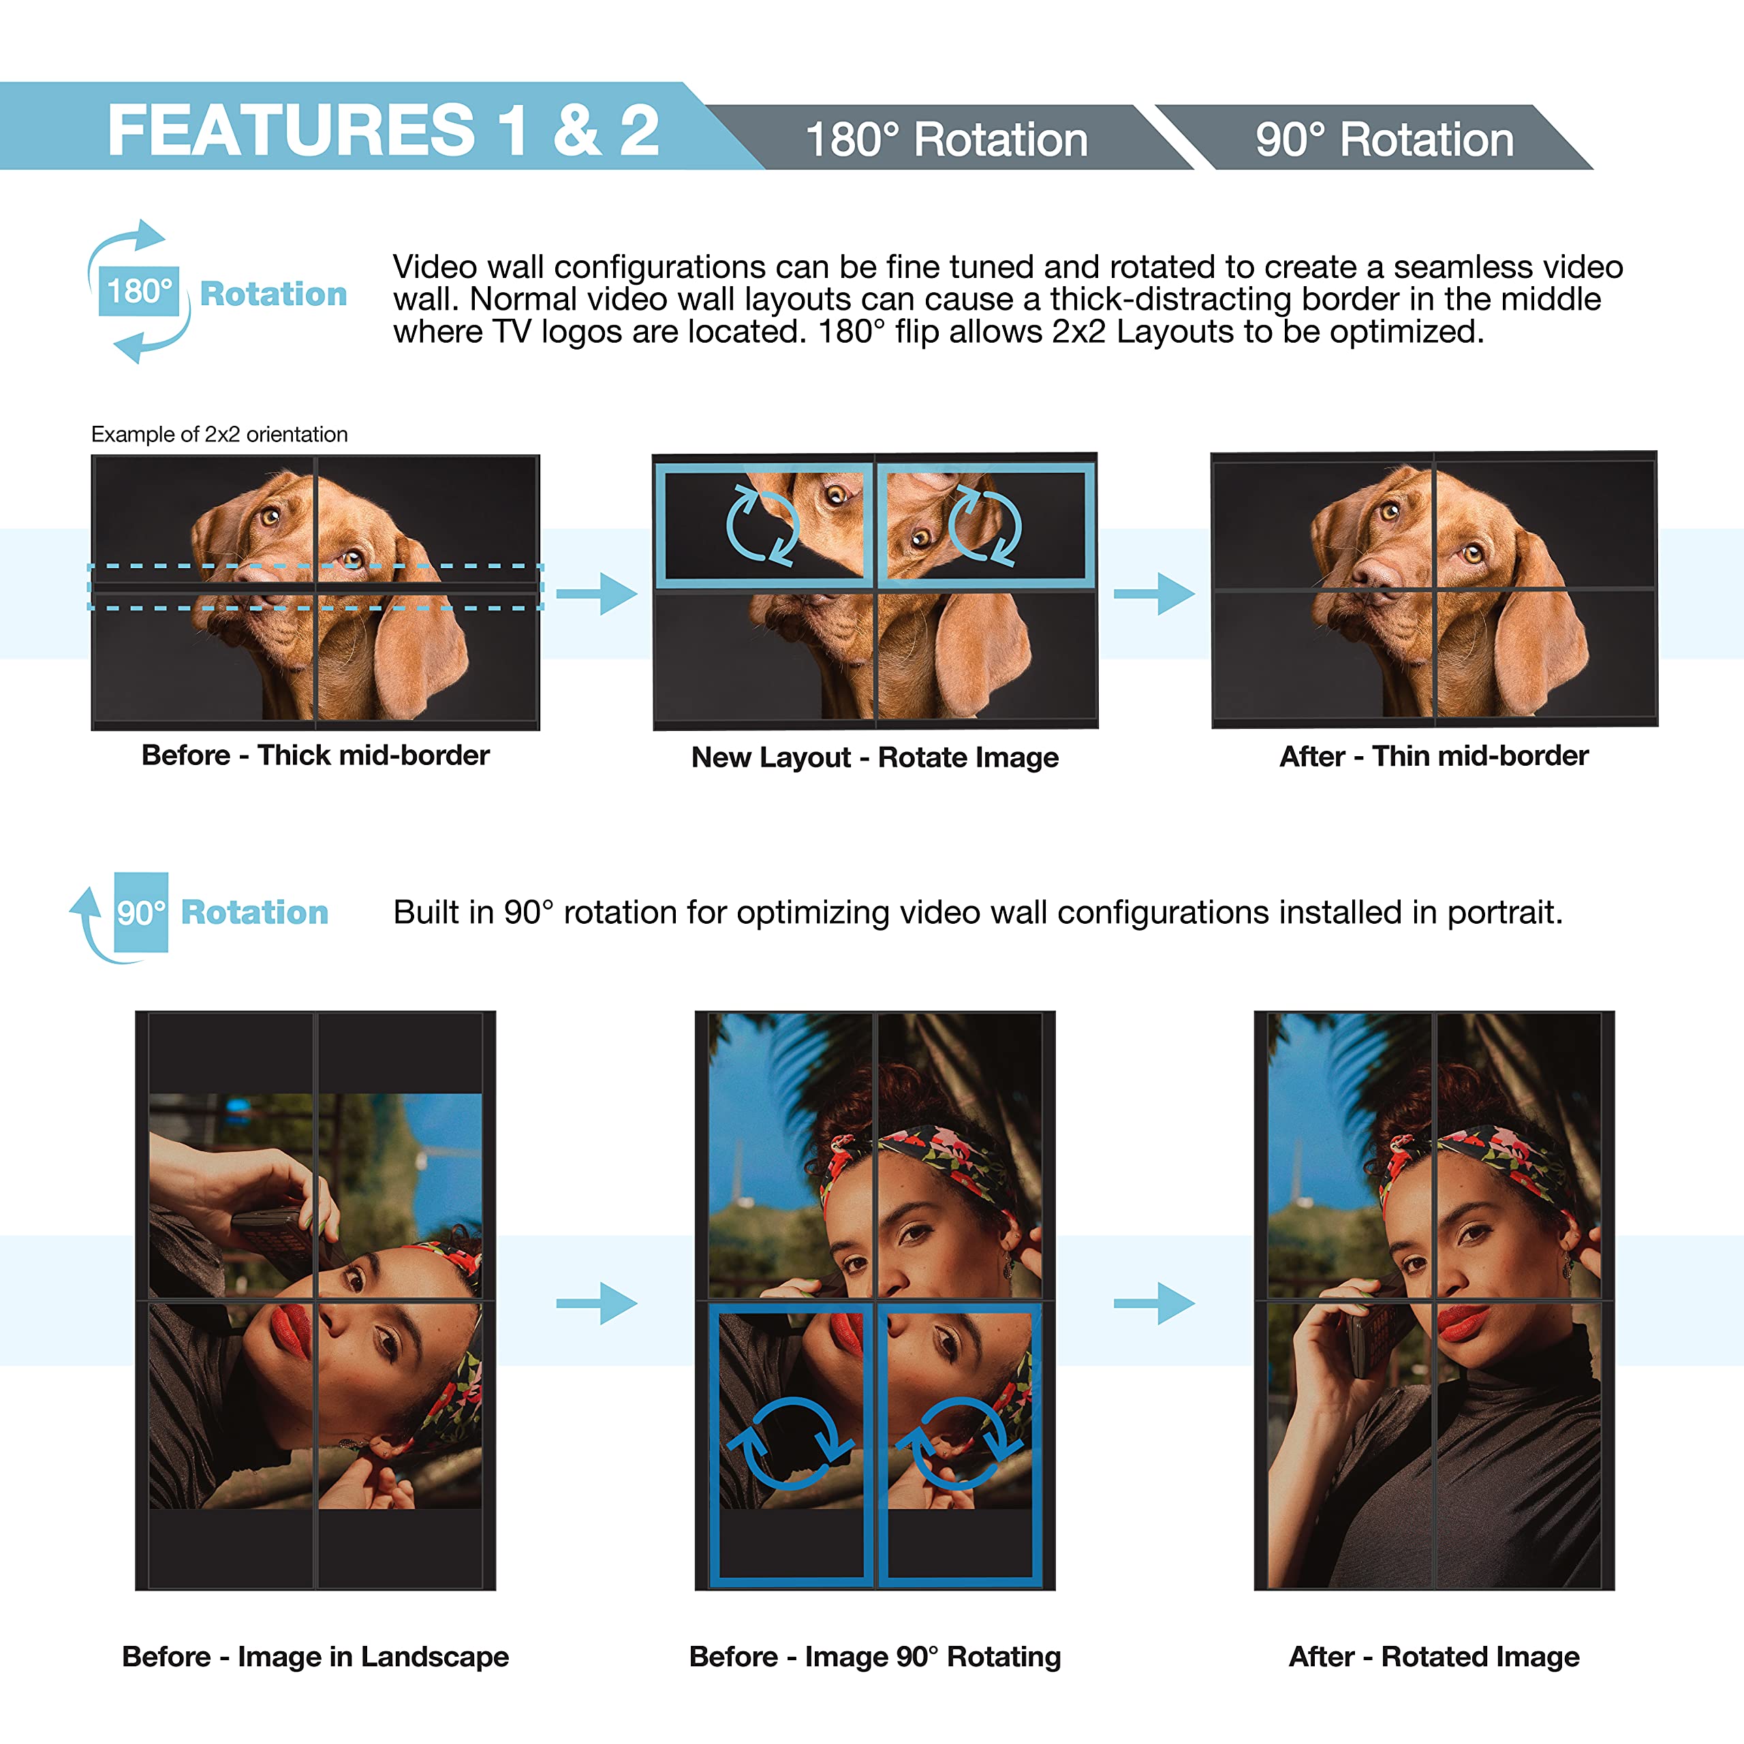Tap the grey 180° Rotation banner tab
[x=946, y=140]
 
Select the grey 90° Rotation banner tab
[x=1384, y=140]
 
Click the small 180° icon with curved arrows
[x=139, y=291]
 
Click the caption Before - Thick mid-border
[x=315, y=755]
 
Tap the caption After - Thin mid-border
[x=1433, y=756]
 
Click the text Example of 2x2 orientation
[x=219, y=434]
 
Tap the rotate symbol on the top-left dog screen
[x=763, y=525]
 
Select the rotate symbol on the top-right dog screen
[x=985, y=525]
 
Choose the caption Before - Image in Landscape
[x=315, y=1656]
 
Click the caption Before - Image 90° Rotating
[x=875, y=1656]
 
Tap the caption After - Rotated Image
[x=1433, y=1656]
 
